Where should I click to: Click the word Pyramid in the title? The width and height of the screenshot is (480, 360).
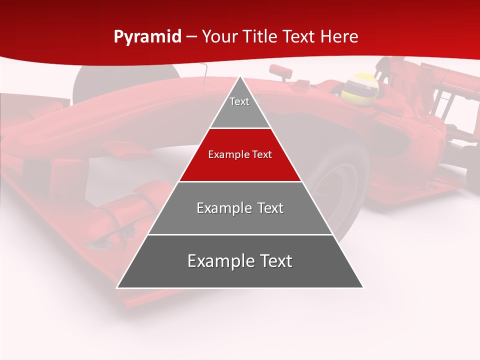(x=147, y=37)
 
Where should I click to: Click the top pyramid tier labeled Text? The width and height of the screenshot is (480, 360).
(x=239, y=107)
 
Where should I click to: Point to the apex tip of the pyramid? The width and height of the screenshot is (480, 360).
(x=240, y=77)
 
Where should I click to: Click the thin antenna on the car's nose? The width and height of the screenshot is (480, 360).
(x=204, y=72)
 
